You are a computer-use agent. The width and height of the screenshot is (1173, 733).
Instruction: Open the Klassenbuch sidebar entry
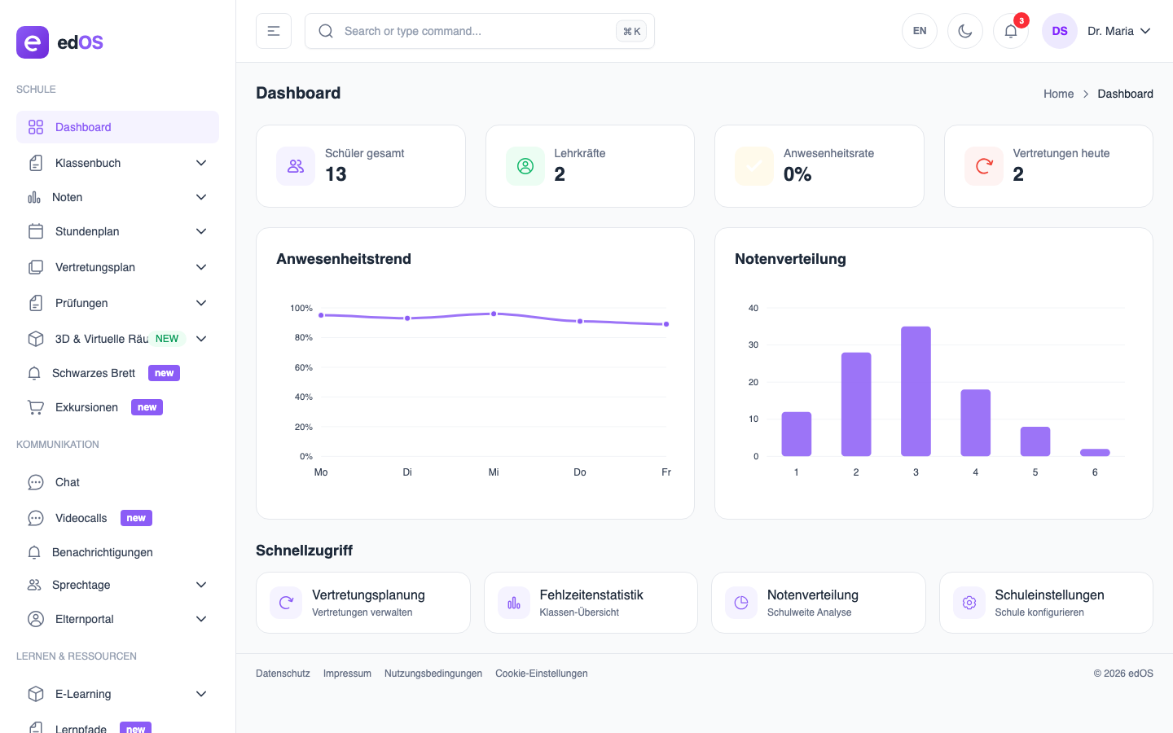point(88,163)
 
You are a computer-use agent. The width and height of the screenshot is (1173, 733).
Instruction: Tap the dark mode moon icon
point(965,31)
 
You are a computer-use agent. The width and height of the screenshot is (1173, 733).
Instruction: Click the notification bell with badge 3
point(1011,31)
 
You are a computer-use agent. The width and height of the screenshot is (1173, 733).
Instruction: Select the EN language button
point(920,31)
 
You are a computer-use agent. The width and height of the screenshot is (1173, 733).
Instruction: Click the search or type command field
point(472,31)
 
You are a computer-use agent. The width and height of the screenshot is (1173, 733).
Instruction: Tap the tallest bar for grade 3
point(916,391)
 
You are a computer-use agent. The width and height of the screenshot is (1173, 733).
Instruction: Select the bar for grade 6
point(1095,452)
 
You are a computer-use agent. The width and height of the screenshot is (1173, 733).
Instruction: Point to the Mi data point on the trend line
point(494,314)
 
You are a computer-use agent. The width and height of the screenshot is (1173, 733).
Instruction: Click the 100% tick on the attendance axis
point(301,308)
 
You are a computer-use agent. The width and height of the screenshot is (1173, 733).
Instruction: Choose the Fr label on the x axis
point(666,472)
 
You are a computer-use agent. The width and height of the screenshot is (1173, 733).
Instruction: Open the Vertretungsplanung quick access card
point(362,603)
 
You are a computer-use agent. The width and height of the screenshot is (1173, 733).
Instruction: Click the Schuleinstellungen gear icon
point(969,603)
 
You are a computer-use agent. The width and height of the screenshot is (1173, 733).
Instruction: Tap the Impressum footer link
point(347,674)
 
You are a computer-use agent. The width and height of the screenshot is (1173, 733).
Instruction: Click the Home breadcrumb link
point(1058,94)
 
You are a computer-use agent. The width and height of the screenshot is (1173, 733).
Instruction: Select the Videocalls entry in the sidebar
point(81,518)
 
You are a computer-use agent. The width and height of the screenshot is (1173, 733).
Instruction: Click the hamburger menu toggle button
point(274,31)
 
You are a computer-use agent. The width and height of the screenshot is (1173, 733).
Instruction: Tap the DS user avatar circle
point(1060,31)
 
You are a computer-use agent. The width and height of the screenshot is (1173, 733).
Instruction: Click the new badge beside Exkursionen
point(147,407)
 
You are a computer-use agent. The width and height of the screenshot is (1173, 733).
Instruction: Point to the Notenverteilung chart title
point(790,259)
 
